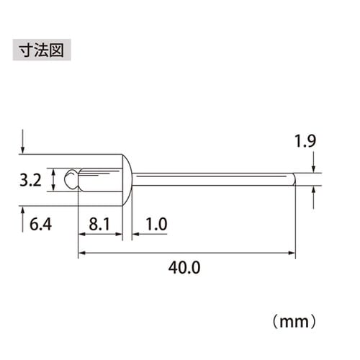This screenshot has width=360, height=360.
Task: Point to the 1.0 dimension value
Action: click(156, 225)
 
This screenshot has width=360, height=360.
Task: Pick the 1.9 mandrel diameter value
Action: click(305, 141)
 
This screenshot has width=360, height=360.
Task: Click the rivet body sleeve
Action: click(99, 179)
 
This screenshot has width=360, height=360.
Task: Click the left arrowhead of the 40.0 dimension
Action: click(81, 253)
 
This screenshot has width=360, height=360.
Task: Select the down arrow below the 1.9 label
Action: click(314, 169)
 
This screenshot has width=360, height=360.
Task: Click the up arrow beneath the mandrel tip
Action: click(314, 192)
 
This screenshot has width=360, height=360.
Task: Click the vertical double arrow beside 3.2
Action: click(54, 179)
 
